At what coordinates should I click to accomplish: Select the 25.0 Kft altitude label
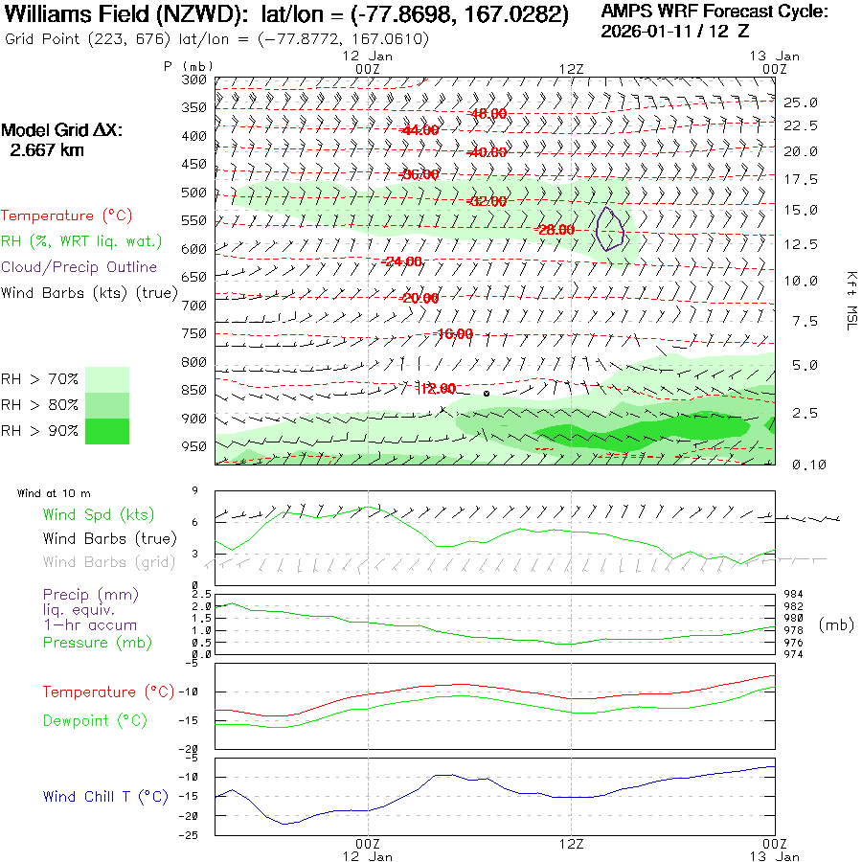[x=800, y=102]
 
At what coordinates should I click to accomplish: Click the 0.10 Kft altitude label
[x=800, y=465]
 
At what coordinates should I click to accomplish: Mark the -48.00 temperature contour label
[x=488, y=114]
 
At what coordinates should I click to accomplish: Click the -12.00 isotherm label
[x=437, y=388]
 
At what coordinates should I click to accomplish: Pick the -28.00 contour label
[x=555, y=230]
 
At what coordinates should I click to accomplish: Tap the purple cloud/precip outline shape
[x=609, y=230]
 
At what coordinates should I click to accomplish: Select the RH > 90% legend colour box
[x=107, y=431]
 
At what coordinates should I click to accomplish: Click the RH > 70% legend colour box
[x=107, y=379]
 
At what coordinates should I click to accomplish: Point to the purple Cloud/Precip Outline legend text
[x=79, y=266]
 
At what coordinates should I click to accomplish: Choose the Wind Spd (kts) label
[x=99, y=515]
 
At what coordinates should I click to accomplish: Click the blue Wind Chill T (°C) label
[x=105, y=797]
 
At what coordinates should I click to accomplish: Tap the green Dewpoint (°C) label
[x=95, y=720]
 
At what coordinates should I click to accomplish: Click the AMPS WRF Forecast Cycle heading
[x=714, y=11]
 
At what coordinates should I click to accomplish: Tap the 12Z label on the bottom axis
[x=572, y=843]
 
